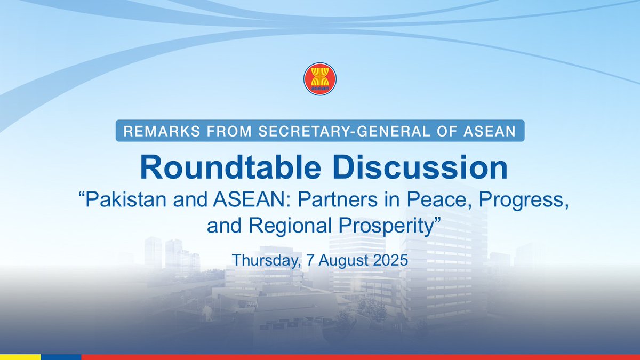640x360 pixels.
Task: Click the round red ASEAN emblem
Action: click(319, 79)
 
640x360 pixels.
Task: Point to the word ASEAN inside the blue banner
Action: click(492, 132)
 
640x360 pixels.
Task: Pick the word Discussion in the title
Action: click(415, 167)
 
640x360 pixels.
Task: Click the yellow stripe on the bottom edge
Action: click(20, 357)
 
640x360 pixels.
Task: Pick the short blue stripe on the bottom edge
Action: click(61, 357)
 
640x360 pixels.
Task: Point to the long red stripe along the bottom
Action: click(360, 357)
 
